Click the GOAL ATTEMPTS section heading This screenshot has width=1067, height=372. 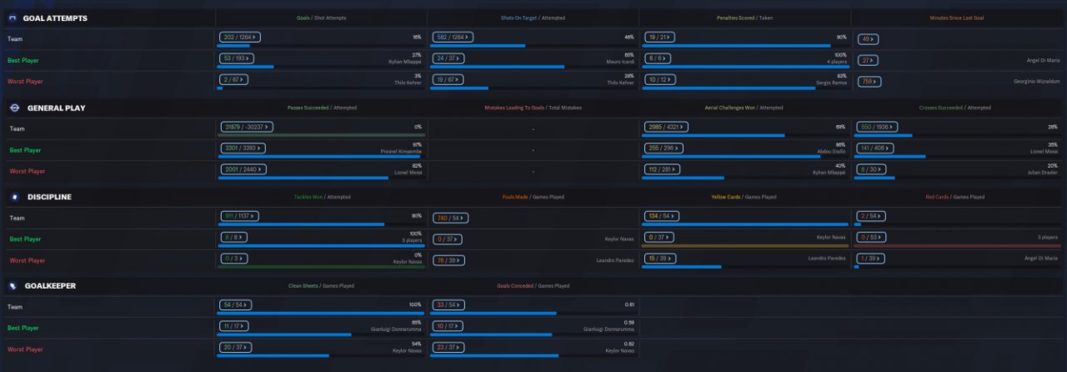55,18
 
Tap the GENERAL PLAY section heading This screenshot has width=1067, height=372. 56,108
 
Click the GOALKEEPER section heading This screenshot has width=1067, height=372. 50,285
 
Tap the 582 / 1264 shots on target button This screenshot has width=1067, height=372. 453,38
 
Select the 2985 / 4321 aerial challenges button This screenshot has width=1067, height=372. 668,127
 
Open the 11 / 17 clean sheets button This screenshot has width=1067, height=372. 237,326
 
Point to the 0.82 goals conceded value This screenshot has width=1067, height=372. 629,344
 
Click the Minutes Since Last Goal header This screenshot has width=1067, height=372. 958,18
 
